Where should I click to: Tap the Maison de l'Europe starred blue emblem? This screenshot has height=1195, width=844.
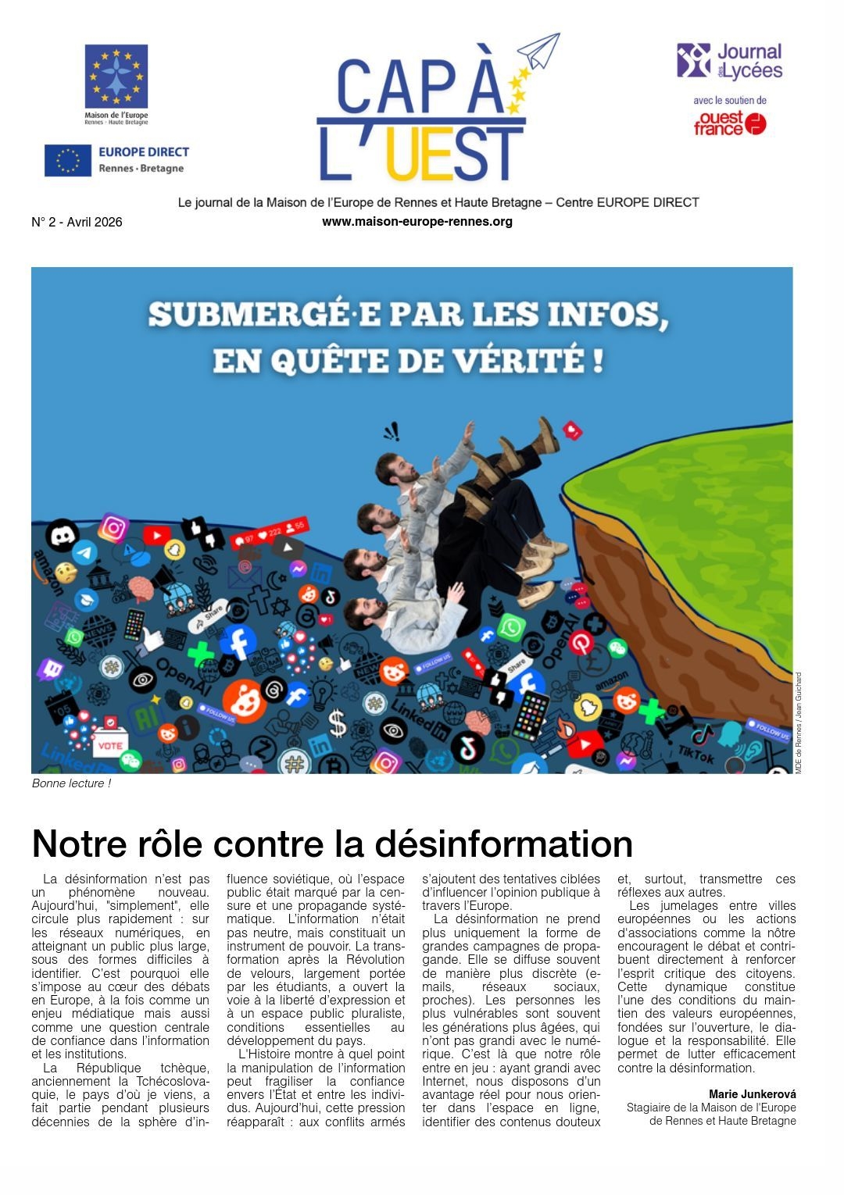click(116, 76)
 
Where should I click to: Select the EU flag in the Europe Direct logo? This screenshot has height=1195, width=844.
click(68, 160)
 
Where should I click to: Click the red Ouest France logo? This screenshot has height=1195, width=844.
click(730, 123)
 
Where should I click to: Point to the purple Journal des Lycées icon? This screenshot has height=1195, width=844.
click(693, 60)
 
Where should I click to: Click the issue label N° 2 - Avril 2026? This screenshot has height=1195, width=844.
click(77, 222)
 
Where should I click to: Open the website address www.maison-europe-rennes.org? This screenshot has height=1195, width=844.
click(417, 221)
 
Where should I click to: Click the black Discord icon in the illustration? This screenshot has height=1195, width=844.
click(63, 536)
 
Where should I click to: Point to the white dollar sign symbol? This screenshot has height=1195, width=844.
click(338, 722)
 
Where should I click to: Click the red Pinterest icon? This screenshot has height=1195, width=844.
click(581, 642)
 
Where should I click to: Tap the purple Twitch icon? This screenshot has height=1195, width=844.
click(52, 669)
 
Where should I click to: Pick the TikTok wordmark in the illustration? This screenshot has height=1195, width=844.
click(696, 754)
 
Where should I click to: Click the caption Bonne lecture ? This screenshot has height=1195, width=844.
click(71, 783)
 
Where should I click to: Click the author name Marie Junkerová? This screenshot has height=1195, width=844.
click(752, 1094)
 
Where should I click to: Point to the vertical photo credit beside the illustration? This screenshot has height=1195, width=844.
click(799, 722)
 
